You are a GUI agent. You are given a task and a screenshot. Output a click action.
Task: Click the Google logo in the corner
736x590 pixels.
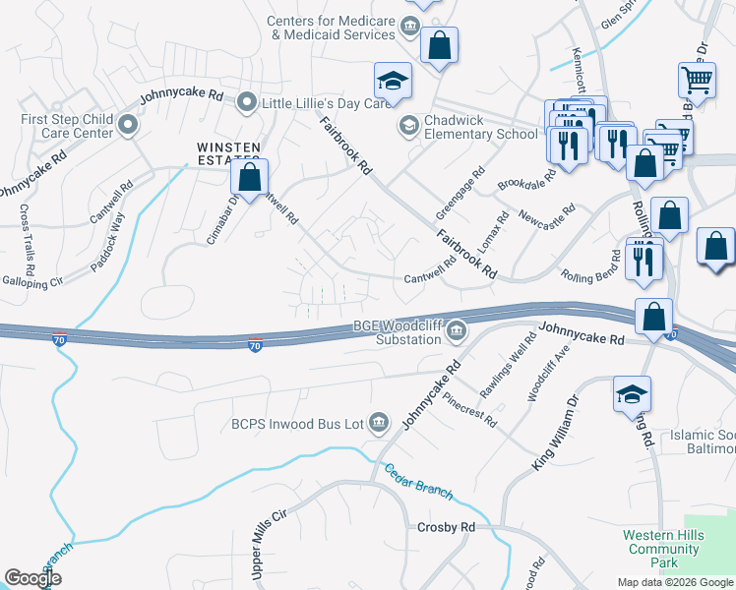[x=33, y=578]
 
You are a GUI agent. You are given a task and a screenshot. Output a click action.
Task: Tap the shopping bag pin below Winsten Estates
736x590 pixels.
[x=250, y=178]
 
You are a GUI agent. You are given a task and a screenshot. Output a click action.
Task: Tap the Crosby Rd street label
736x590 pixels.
[x=446, y=527]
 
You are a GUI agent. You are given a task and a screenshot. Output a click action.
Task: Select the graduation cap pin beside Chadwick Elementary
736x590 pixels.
[x=393, y=82]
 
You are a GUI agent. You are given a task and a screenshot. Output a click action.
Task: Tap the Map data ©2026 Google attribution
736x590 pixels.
[x=675, y=582]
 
